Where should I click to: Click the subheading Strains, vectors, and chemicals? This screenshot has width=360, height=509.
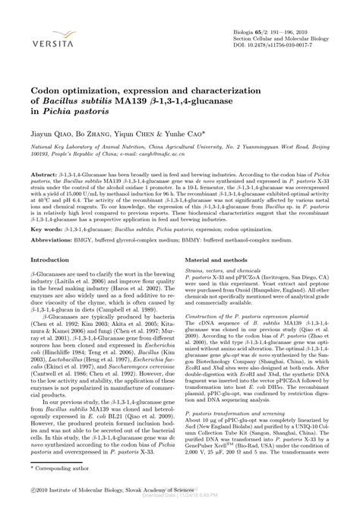pos(226,270)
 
